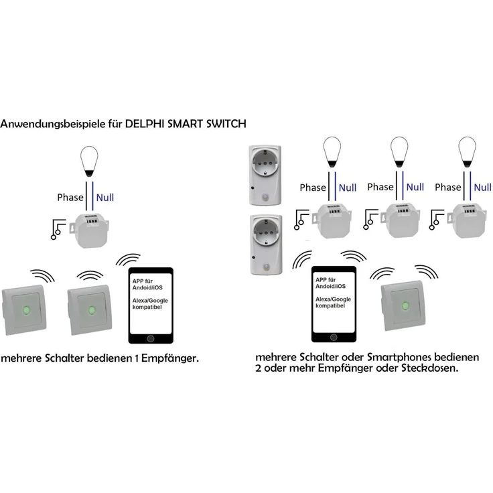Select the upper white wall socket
pyautogui.click(x=265, y=174)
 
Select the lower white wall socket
pyautogui.click(x=265, y=242)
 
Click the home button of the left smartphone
pyautogui.click(x=150, y=339)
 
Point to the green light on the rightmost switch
pyautogui.click(x=405, y=305)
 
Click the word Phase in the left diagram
pyautogui.click(x=70, y=198)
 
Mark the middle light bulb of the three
pyautogui.click(x=399, y=152)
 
